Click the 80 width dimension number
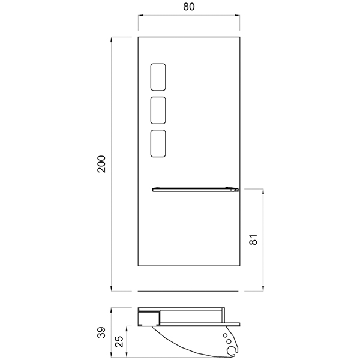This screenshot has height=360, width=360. pyautogui.click(x=189, y=7)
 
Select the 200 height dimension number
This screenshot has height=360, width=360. pyautogui.click(x=101, y=164)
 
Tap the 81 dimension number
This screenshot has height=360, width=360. pyautogui.click(x=253, y=239)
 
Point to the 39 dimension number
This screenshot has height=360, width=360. pyautogui.click(x=101, y=332)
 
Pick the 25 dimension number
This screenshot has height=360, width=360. pyautogui.click(x=119, y=341)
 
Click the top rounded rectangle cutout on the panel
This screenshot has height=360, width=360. pyautogui.click(x=158, y=77)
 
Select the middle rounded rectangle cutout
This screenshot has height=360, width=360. pyautogui.click(x=158, y=110)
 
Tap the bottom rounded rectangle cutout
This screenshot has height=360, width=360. pyautogui.click(x=158, y=143)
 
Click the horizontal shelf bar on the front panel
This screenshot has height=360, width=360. pyautogui.click(x=195, y=190)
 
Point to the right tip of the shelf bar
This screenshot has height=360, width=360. pyautogui.click(x=238, y=190)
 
